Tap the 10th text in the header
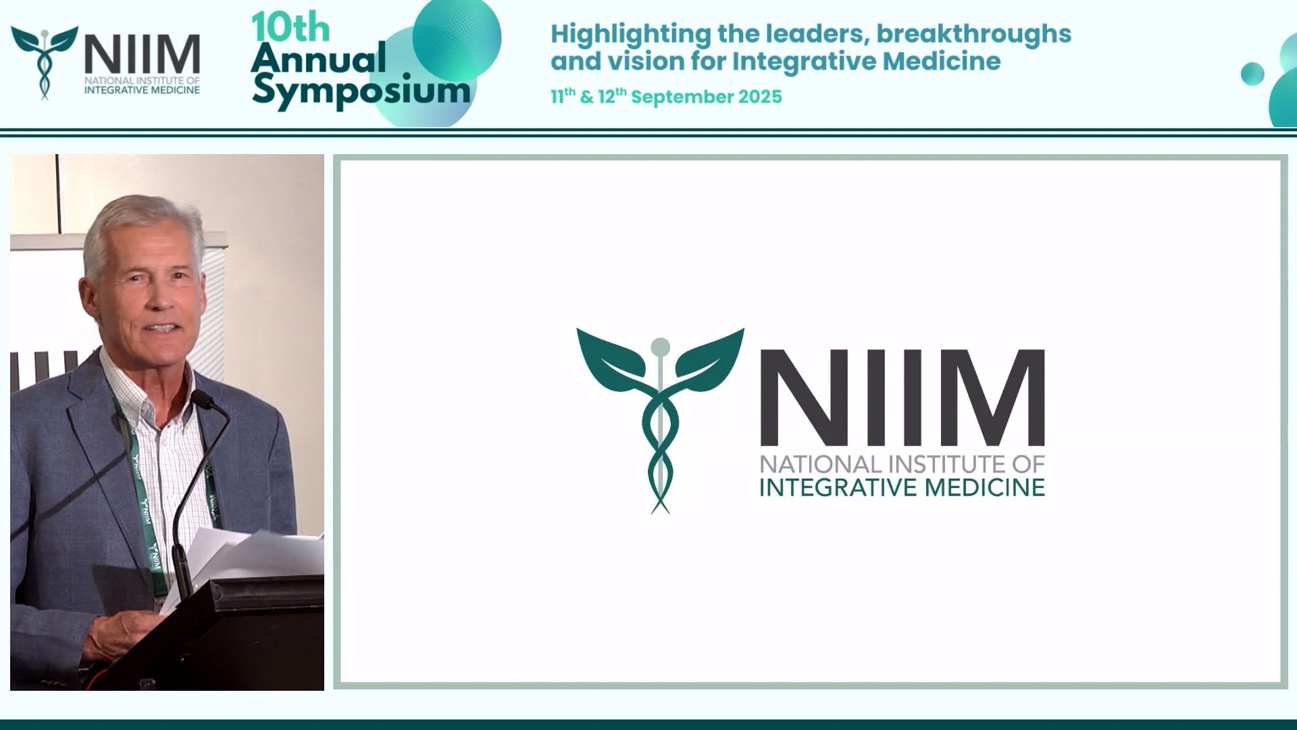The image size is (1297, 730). coord(290,28)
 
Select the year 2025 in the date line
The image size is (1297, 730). coord(760,97)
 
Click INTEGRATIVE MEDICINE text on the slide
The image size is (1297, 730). coord(902,487)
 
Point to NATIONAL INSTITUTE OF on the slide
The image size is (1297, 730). coord(902,464)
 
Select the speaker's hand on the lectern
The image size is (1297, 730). coord(118,635)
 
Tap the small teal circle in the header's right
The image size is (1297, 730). coord(1252,74)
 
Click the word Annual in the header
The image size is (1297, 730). coord(319,58)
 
